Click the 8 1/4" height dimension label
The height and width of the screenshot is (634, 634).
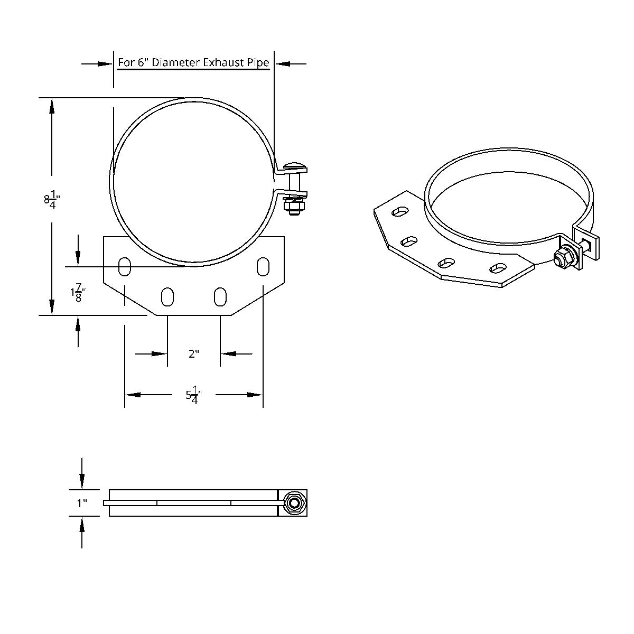(x=52, y=199)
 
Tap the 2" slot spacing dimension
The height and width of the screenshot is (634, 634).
(x=194, y=353)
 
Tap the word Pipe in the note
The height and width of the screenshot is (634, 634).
(x=257, y=62)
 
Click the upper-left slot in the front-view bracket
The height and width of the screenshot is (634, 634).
(x=125, y=266)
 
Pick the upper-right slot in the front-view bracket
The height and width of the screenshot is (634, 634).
(x=262, y=266)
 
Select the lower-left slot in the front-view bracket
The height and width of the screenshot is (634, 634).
(x=167, y=296)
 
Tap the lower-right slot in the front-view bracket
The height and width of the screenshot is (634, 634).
(x=220, y=296)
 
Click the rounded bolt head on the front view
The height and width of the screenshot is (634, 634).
(x=294, y=166)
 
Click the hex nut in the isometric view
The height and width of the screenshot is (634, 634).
(x=561, y=258)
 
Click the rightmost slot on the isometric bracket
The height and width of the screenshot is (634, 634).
(x=498, y=269)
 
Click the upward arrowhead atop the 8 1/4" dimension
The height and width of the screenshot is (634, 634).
(x=52, y=105)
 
